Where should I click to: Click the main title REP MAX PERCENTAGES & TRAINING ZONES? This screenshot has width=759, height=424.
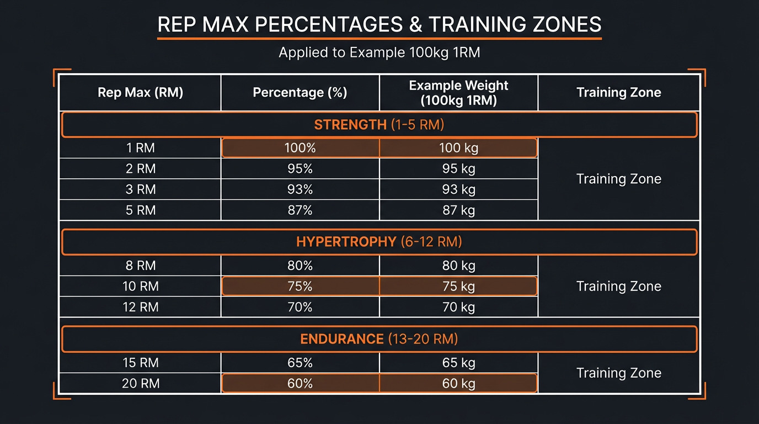click(x=379, y=25)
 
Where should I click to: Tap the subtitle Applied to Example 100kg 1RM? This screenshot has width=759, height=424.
click(x=379, y=53)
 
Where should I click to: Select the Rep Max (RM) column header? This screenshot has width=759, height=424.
click(x=140, y=93)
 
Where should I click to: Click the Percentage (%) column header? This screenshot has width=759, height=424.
click(x=300, y=93)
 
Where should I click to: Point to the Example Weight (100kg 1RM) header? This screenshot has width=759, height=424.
click(x=458, y=93)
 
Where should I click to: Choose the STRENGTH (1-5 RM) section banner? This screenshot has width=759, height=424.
click(x=379, y=125)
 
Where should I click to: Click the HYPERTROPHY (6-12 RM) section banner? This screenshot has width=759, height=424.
click(x=379, y=242)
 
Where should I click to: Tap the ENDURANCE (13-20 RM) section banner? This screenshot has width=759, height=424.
click(x=379, y=339)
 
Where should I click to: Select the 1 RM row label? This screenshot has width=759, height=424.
click(x=140, y=148)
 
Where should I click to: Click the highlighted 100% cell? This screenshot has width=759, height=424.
click(x=300, y=148)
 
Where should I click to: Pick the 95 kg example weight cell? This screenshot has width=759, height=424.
click(x=458, y=169)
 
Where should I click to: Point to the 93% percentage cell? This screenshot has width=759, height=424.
click(x=300, y=189)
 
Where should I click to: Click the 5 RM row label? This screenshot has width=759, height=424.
click(x=140, y=210)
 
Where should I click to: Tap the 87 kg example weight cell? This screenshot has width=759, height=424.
click(x=458, y=210)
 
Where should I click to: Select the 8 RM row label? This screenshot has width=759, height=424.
click(x=140, y=266)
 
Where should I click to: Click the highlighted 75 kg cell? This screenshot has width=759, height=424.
click(x=458, y=287)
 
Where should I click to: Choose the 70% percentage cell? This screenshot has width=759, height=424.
click(x=300, y=307)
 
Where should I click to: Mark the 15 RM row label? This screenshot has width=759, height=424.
click(x=140, y=363)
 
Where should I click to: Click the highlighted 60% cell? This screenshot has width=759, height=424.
click(x=300, y=384)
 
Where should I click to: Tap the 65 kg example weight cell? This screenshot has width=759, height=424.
click(x=458, y=363)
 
